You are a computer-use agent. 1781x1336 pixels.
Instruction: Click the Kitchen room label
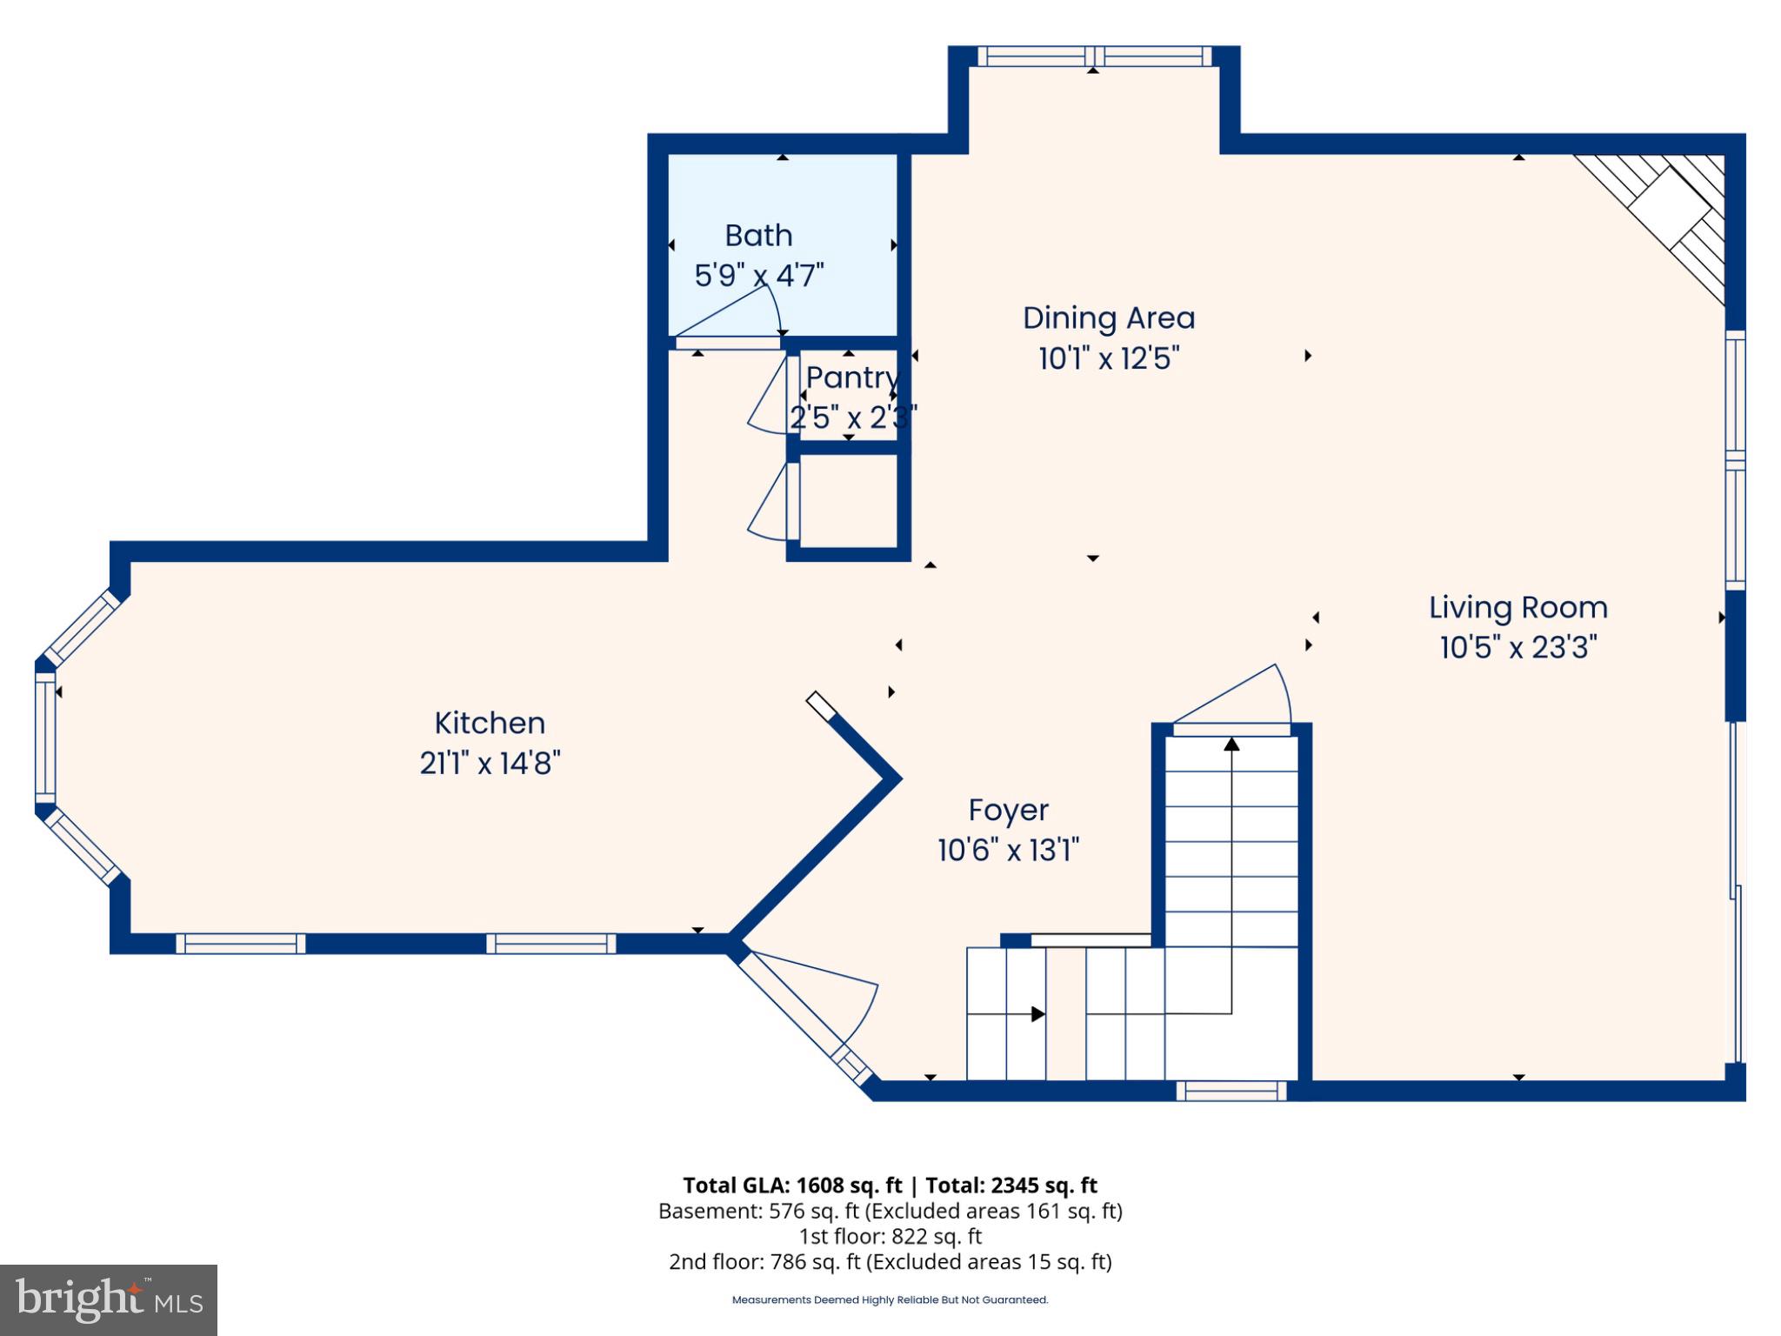(490, 723)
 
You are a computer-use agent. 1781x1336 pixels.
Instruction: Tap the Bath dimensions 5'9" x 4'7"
(758, 276)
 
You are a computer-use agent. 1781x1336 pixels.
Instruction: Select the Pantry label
(852, 378)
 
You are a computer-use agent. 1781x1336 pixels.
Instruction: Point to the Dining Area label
(1109, 318)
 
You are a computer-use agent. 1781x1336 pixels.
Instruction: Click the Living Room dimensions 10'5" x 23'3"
(1518, 648)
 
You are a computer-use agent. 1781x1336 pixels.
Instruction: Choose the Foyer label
(1009, 811)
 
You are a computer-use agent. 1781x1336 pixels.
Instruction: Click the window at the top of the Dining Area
(1095, 57)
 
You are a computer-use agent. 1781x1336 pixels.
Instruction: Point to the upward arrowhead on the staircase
(1231, 744)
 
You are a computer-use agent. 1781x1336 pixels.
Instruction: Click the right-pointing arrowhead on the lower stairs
(1037, 1014)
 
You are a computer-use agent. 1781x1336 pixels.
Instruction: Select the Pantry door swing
(767, 396)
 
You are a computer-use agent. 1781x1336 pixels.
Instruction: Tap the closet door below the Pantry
(768, 502)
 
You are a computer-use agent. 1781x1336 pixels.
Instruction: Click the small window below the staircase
(1231, 1091)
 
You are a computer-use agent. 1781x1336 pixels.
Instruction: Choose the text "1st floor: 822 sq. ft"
(890, 1236)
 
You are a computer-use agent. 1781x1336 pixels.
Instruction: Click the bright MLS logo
(109, 1300)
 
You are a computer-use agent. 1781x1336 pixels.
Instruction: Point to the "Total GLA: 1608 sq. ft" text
(792, 1186)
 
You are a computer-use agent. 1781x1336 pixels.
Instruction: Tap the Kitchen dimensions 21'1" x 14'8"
(490, 764)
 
